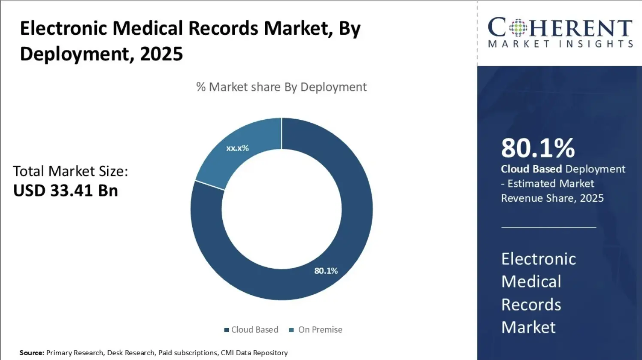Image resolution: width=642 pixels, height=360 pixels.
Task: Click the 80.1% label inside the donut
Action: [x=326, y=271]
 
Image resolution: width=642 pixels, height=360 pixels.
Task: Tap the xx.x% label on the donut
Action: [x=237, y=148]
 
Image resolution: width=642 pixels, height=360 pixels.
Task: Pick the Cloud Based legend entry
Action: [x=251, y=330]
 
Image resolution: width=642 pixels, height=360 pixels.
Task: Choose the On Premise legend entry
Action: [x=316, y=330]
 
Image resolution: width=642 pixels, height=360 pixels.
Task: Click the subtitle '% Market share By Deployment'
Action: [x=281, y=87]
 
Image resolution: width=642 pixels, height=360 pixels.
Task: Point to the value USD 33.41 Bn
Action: [x=66, y=191]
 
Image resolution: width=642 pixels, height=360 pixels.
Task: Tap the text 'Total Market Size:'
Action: [x=70, y=171]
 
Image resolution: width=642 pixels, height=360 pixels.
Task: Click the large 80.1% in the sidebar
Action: [x=538, y=148]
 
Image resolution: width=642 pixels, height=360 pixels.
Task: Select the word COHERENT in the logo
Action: [x=560, y=28]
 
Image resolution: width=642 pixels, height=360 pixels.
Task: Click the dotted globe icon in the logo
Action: [x=518, y=28]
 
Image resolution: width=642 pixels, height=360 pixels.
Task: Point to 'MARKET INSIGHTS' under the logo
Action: [x=560, y=44]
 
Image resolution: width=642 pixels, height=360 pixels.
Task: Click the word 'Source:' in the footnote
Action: [x=32, y=353]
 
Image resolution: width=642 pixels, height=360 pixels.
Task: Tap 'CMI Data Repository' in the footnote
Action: [x=254, y=353]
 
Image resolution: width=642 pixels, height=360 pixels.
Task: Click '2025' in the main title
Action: [x=161, y=54]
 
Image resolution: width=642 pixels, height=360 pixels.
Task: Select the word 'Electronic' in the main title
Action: [x=63, y=28]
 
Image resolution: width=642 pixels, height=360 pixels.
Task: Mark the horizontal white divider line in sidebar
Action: [x=548, y=227]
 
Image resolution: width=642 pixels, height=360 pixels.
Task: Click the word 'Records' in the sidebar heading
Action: [x=531, y=305]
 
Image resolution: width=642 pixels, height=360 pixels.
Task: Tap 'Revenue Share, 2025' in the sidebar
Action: [x=552, y=198]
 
